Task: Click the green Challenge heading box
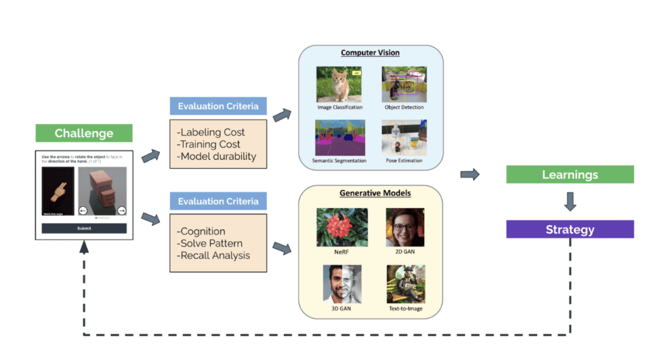click(x=84, y=134)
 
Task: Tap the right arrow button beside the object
click(x=122, y=210)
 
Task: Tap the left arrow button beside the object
click(x=83, y=210)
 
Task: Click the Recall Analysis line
click(x=213, y=256)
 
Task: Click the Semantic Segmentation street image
click(x=340, y=137)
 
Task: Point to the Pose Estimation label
click(x=403, y=160)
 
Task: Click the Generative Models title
click(x=371, y=193)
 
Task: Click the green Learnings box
click(x=569, y=174)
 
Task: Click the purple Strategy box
click(x=569, y=230)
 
